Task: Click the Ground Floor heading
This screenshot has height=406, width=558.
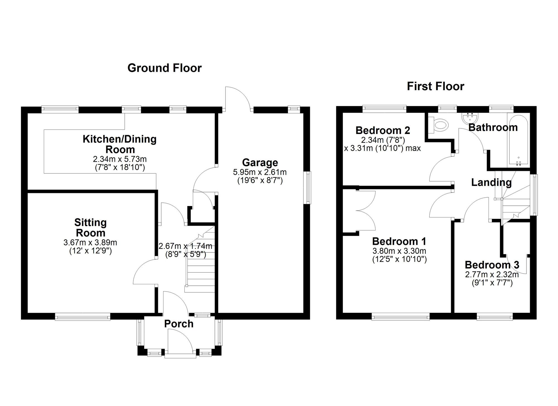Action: pyautogui.click(x=164, y=68)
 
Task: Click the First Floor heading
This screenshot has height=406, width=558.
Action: pyautogui.click(x=435, y=86)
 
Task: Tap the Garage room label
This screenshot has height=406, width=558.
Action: pyautogui.click(x=260, y=163)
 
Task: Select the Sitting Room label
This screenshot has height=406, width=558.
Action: pyautogui.click(x=90, y=228)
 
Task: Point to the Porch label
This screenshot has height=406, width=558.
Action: pyautogui.click(x=179, y=324)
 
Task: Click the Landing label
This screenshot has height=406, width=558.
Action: pyautogui.click(x=491, y=183)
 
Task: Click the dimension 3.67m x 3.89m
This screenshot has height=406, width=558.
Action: pyautogui.click(x=90, y=242)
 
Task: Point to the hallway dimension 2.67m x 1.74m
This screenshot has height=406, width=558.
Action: pyautogui.click(x=185, y=246)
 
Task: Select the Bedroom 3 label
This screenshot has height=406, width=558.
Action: pyautogui.click(x=492, y=265)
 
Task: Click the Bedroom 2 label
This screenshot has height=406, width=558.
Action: pyautogui.click(x=383, y=130)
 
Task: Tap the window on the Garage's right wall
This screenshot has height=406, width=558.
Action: pyautogui.click(x=308, y=188)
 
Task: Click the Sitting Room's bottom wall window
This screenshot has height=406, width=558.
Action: pyautogui.click(x=83, y=316)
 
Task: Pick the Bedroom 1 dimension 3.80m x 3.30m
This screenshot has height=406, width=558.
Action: pyautogui.click(x=399, y=251)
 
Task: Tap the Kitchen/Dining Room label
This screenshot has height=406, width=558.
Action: pyautogui.click(x=120, y=144)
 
